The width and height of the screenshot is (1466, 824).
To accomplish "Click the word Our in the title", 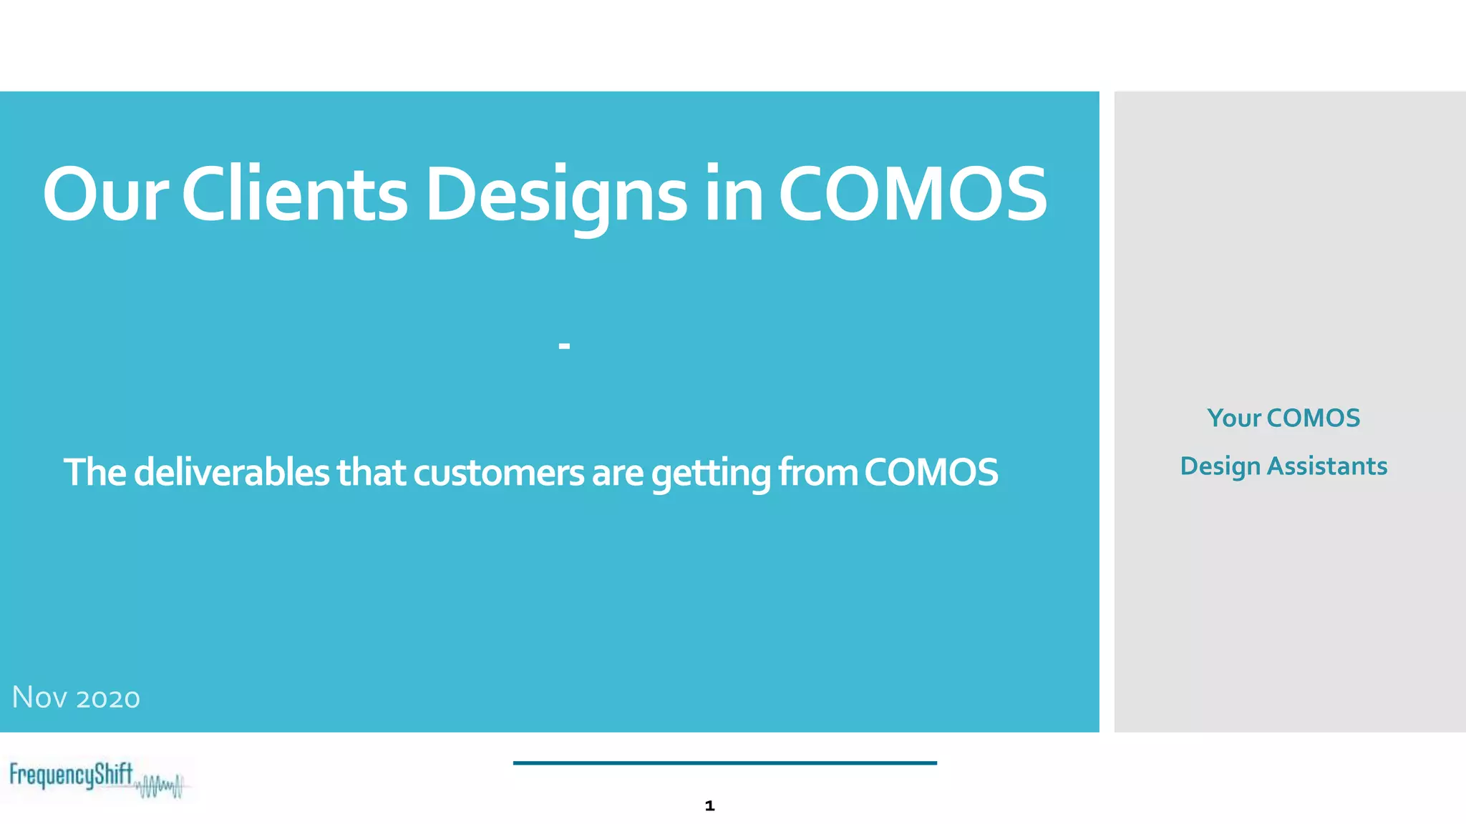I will pos(105,195).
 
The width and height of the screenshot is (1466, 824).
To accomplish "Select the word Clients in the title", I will pos(294,195).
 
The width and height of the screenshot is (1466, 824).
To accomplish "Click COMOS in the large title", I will pos(913,195).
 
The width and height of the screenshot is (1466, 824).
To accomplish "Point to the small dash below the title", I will pos(564,347).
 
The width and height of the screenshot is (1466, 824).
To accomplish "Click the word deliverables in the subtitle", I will pos(231,472).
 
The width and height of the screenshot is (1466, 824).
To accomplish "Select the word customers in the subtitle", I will pos(498,474).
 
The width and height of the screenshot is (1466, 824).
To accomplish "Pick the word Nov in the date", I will pos(39,697).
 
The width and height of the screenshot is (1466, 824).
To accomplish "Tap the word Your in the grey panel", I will pos(1233,418).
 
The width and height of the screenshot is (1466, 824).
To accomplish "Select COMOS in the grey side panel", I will pos(1313,418).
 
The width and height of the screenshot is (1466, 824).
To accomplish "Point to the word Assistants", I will pos(1327,466).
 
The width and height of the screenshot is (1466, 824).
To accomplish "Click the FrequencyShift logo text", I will pos(71,775).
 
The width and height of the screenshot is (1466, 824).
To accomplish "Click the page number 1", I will pos(709,806).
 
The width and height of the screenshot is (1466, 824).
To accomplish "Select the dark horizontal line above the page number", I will pos(724,763).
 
